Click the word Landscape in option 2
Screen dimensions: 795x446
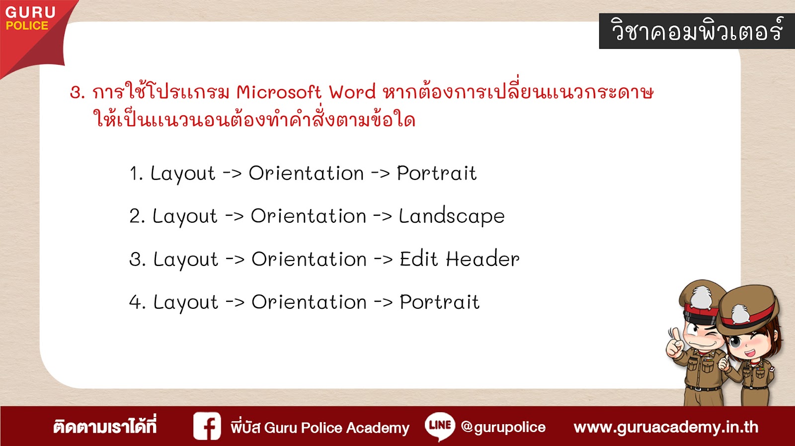(x=452, y=216)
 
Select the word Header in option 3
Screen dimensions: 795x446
(x=482, y=259)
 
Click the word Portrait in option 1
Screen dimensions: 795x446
(x=437, y=174)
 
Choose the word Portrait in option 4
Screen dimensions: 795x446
(x=439, y=302)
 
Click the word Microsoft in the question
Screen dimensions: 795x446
(x=279, y=92)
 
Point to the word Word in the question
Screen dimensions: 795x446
(x=352, y=92)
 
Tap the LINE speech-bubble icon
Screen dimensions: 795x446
(x=440, y=426)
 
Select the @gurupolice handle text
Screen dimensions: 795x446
(x=503, y=427)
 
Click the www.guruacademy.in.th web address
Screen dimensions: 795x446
(x=666, y=427)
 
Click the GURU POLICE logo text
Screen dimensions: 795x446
(x=30, y=18)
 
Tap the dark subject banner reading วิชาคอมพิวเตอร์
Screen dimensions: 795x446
(x=697, y=31)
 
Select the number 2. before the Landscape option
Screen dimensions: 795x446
(x=137, y=216)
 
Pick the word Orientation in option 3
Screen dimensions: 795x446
(x=309, y=259)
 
